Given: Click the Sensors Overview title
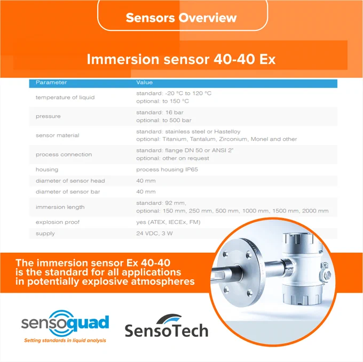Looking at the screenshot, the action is tap(181, 18).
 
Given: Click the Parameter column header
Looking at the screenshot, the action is tap(51, 83).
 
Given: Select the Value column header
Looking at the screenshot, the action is tap(145, 83).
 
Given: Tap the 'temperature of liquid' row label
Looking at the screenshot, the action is tap(65, 98).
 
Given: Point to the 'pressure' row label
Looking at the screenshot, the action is tap(48, 116).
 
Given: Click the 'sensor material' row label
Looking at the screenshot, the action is tap(58, 135).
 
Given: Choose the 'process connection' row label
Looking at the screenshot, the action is tap(64, 155).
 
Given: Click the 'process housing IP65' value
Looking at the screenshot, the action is tap(167, 170).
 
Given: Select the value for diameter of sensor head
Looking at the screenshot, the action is tap(146, 181).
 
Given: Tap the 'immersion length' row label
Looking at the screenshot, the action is tap(60, 207).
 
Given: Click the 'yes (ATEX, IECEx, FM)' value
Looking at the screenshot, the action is tap(168, 222).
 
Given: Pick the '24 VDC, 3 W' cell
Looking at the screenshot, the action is tap(154, 233).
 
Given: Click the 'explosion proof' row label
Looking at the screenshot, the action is tap(58, 222).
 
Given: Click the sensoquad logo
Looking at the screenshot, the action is tap(65, 323).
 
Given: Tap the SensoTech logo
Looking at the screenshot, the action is tap(167, 325).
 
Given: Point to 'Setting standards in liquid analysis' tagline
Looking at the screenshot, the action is tap(65, 340).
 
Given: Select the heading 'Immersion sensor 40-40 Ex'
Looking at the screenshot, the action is tap(181, 59).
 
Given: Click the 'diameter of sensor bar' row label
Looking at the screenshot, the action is tap(68, 192).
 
